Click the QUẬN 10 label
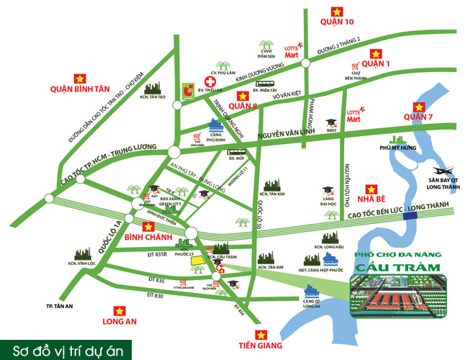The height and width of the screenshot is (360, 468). pyautogui.click(x=336, y=22)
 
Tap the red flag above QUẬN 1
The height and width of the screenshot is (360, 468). pyautogui.click(x=374, y=53)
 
